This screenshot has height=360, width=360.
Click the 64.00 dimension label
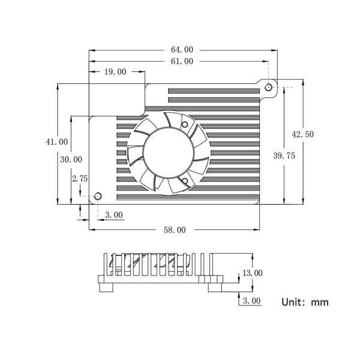(x=182, y=50)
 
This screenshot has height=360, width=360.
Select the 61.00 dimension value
(x=182, y=61)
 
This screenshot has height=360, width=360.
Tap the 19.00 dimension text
(x=115, y=72)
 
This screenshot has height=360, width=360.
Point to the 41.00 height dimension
(x=57, y=142)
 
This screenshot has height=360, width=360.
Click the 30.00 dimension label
(x=71, y=160)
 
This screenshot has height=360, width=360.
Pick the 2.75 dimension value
(x=80, y=179)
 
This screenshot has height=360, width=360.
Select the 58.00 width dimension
(x=175, y=230)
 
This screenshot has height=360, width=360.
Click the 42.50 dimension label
(x=302, y=134)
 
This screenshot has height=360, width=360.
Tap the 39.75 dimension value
(x=284, y=156)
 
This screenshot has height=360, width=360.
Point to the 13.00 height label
(x=253, y=273)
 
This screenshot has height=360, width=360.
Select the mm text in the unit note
(x=320, y=302)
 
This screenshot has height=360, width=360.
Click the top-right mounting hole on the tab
(x=268, y=87)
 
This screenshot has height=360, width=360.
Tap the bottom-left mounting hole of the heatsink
(x=98, y=196)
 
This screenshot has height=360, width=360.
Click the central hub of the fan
(x=168, y=152)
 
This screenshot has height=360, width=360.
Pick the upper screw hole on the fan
(x=185, y=125)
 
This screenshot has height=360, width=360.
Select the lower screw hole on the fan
(x=185, y=181)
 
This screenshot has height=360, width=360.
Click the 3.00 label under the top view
(x=114, y=215)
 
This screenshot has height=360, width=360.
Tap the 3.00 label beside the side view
(x=252, y=301)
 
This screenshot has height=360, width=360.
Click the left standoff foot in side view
(x=106, y=287)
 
